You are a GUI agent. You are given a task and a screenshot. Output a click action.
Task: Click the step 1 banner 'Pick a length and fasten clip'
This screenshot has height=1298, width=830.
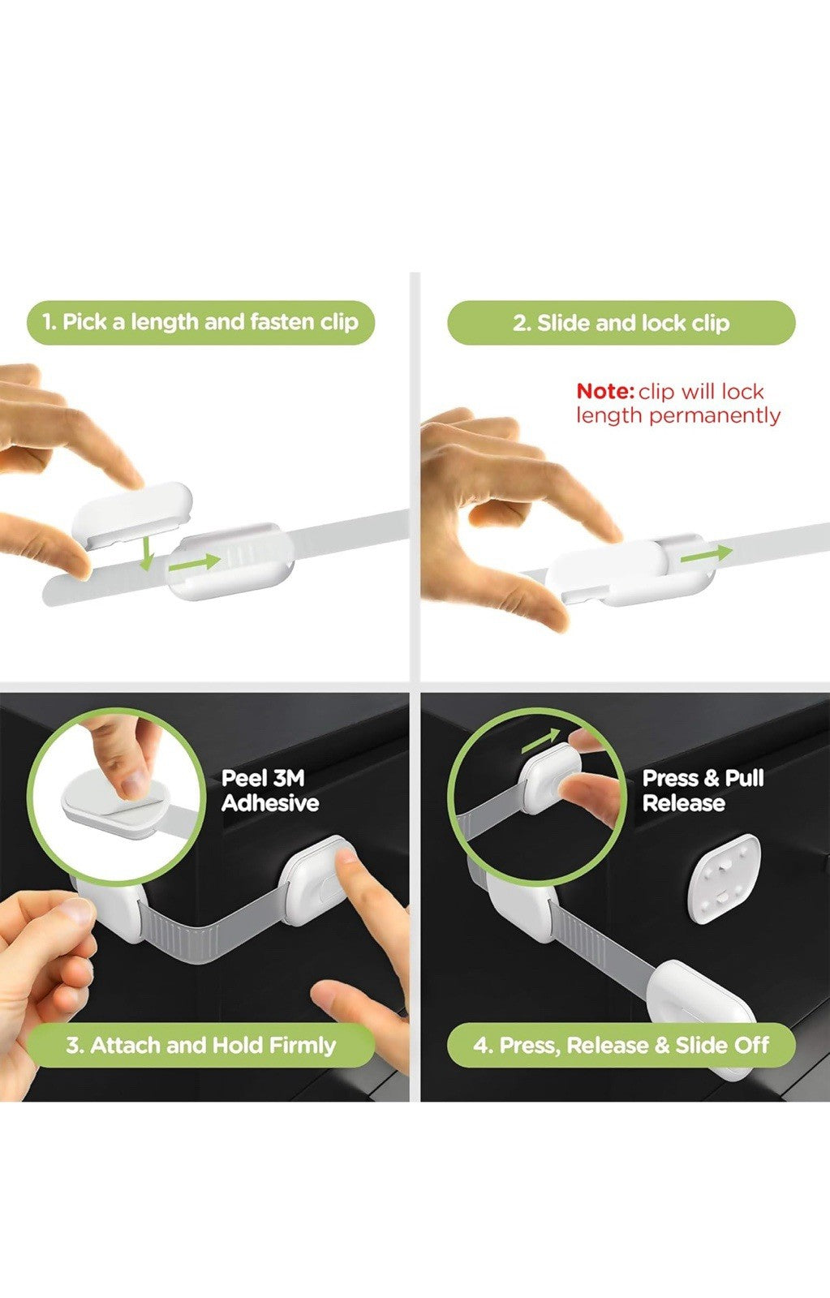point(200,322)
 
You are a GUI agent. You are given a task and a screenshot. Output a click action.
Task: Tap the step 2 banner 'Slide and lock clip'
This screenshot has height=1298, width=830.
point(621,323)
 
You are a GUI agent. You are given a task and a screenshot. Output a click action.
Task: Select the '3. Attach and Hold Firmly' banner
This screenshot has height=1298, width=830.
point(200,1046)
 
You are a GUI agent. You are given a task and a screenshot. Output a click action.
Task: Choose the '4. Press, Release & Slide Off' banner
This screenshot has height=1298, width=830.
point(621,1046)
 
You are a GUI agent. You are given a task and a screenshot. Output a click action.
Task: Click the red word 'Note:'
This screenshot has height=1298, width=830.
point(605,392)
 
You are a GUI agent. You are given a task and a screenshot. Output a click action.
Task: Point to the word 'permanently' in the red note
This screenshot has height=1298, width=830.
point(715,416)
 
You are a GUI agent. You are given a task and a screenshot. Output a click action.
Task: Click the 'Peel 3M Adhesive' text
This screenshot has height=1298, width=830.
point(270,790)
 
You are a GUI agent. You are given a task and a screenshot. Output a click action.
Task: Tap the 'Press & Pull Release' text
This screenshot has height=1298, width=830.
point(703,790)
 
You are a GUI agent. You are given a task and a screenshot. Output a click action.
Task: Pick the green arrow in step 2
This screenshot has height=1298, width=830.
point(707,554)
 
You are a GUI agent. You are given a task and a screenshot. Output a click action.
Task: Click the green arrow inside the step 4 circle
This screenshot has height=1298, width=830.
point(541,741)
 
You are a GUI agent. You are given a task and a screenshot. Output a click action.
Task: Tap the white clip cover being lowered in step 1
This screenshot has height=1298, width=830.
point(131,514)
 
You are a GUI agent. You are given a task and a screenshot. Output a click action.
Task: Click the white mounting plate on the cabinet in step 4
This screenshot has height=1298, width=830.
point(724,879)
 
